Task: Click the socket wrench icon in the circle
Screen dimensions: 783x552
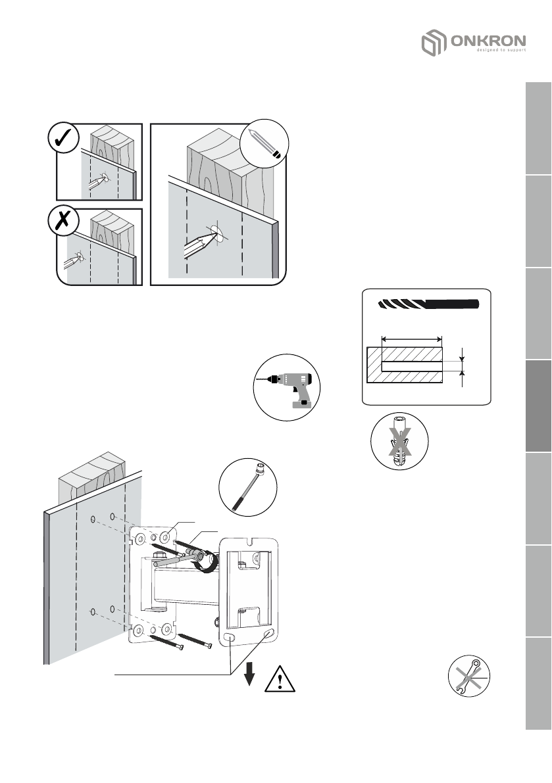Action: pos(248,487)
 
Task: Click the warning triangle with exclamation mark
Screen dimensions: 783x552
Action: pos(280,678)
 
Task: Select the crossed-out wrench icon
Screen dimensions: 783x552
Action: pos(469,677)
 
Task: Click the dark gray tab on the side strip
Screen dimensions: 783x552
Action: pos(538,407)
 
